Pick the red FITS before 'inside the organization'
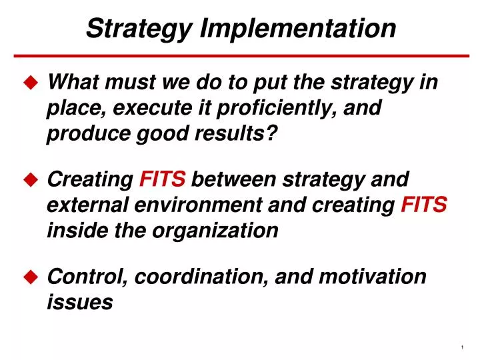(424, 205)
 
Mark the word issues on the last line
(79, 301)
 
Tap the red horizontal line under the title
(240, 56)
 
